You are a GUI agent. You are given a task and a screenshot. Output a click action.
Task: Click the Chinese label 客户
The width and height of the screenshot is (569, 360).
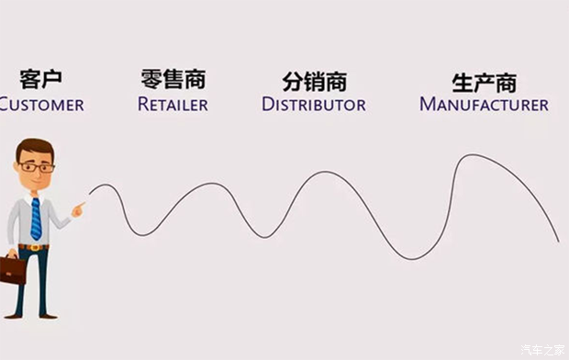pyautogui.click(x=40, y=79)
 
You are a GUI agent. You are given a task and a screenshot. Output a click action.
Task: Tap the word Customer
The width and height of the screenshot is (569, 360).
pyautogui.click(x=41, y=104)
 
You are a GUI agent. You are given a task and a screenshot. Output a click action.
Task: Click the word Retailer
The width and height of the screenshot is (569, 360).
pyautogui.click(x=173, y=104)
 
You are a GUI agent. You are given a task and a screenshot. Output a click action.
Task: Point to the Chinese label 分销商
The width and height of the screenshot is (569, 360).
pyautogui.click(x=313, y=80)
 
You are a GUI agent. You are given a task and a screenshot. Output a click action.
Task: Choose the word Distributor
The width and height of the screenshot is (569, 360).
pyautogui.click(x=314, y=104)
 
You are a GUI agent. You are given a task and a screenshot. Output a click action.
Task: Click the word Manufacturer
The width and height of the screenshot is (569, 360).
pyautogui.click(x=484, y=104)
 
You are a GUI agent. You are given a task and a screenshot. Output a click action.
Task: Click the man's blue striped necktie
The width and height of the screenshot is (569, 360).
pyautogui.click(x=36, y=219)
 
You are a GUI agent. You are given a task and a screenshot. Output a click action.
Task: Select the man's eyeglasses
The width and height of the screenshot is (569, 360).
pyautogui.click(x=37, y=167)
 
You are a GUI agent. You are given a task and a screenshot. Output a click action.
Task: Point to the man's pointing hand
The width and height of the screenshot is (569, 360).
pyautogui.click(x=78, y=210)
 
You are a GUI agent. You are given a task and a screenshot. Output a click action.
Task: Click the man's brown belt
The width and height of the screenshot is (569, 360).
pyautogui.click(x=34, y=246)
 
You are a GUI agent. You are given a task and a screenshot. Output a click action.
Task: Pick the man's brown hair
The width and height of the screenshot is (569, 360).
pyautogui.click(x=34, y=148)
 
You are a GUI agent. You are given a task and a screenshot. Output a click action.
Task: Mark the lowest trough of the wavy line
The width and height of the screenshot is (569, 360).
pyautogui.click(x=405, y=258)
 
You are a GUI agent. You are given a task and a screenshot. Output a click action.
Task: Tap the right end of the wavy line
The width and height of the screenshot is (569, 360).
pyautogui.click(x=558, y=241)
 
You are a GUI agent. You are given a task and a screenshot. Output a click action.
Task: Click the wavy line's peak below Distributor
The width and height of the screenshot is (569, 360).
pyautogui.click(x=323, y=172)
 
